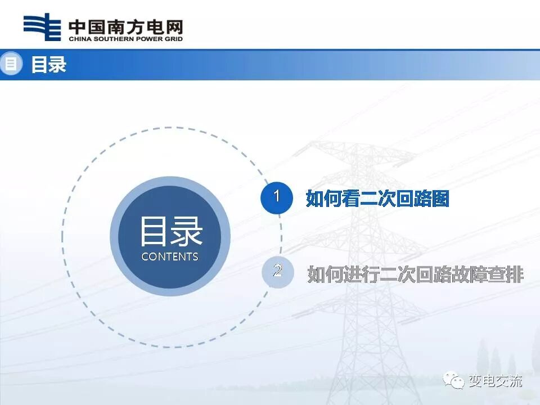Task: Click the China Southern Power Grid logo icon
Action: pos(42,28)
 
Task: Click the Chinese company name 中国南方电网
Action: pos(125,26)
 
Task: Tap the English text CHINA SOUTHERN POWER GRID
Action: pos(125,39)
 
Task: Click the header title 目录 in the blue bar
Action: pos(48,64)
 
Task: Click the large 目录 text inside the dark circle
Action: pos(170,232)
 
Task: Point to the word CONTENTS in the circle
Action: pos(170,256)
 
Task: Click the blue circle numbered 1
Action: pos(276,197)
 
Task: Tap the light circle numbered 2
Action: pos(277,272)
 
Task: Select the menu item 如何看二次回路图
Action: pos(377,198)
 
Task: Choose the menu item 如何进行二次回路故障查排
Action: pos(415,274)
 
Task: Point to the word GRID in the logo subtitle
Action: pos(173,39)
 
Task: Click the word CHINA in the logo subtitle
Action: pos(79,39)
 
